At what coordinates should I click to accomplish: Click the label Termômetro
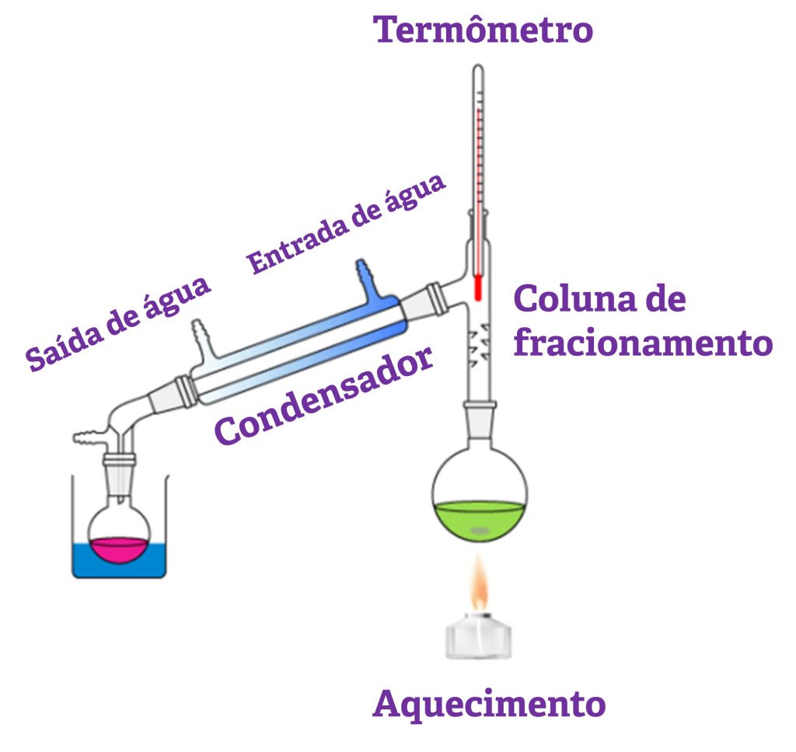[x=483, y=30]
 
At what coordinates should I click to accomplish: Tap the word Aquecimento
[x=489, y=705]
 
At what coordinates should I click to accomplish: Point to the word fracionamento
[x=643, y=343]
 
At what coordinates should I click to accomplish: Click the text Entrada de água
[x=347, y=225]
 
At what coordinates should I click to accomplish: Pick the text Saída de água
[x=118, y=322]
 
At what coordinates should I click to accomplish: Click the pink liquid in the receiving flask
[x=117, y=548]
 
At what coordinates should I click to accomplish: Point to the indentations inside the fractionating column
[x=480, y=343]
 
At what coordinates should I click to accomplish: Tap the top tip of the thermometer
[x=479, y=71]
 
